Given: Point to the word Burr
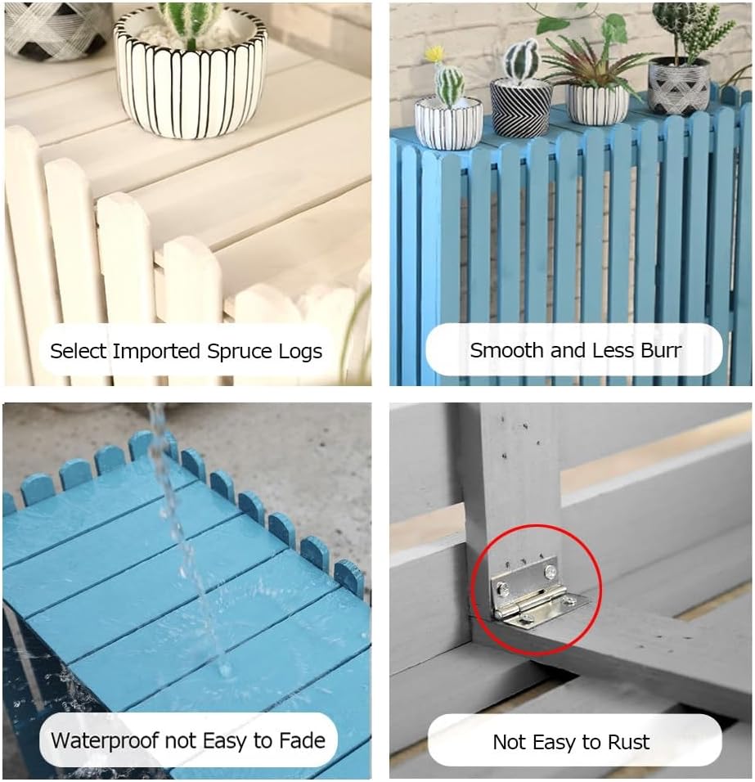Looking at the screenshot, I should click(659, 350).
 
